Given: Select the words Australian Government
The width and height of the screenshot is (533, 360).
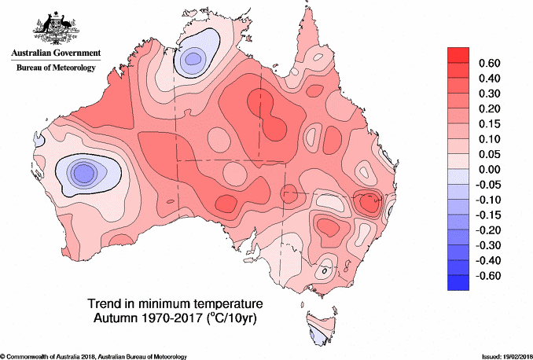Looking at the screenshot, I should [x=55, y=53].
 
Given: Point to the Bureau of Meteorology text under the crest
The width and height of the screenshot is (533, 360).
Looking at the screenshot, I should [x=55, y=68].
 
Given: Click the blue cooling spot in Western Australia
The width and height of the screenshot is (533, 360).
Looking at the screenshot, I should [x=81, y=171].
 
